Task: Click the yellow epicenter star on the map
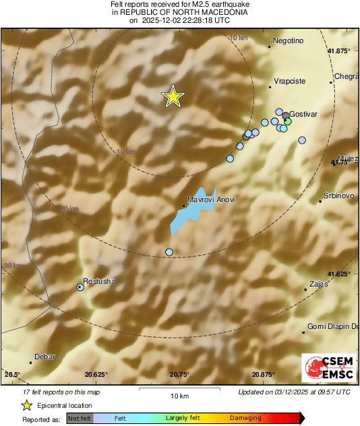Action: coord(173,97)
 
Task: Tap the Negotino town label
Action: coord(289,41)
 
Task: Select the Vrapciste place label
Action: coord(290,81)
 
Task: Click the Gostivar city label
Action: coord(303,115)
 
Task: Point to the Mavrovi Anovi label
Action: coord(211,200)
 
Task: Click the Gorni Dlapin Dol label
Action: coord(332,326)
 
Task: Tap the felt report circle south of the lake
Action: coord(169,252)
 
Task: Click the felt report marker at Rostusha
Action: coord(80,287)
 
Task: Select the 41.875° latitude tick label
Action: coord(340,51)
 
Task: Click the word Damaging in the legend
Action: coord(245,418)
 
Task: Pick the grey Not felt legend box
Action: coord(79,418)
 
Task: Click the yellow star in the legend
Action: coord(26,405)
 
